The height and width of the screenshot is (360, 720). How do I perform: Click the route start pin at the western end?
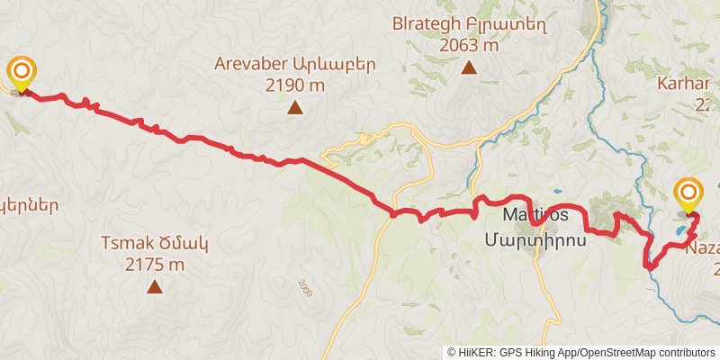(x=22, y=72)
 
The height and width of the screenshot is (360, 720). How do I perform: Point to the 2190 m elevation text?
(x=295, y=85)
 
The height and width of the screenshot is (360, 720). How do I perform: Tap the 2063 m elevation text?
(x=469, y=44)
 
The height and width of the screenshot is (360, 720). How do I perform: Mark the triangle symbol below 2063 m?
(x=469, y=67)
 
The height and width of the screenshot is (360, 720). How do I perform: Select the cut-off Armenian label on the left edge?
(x=29, y=205)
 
